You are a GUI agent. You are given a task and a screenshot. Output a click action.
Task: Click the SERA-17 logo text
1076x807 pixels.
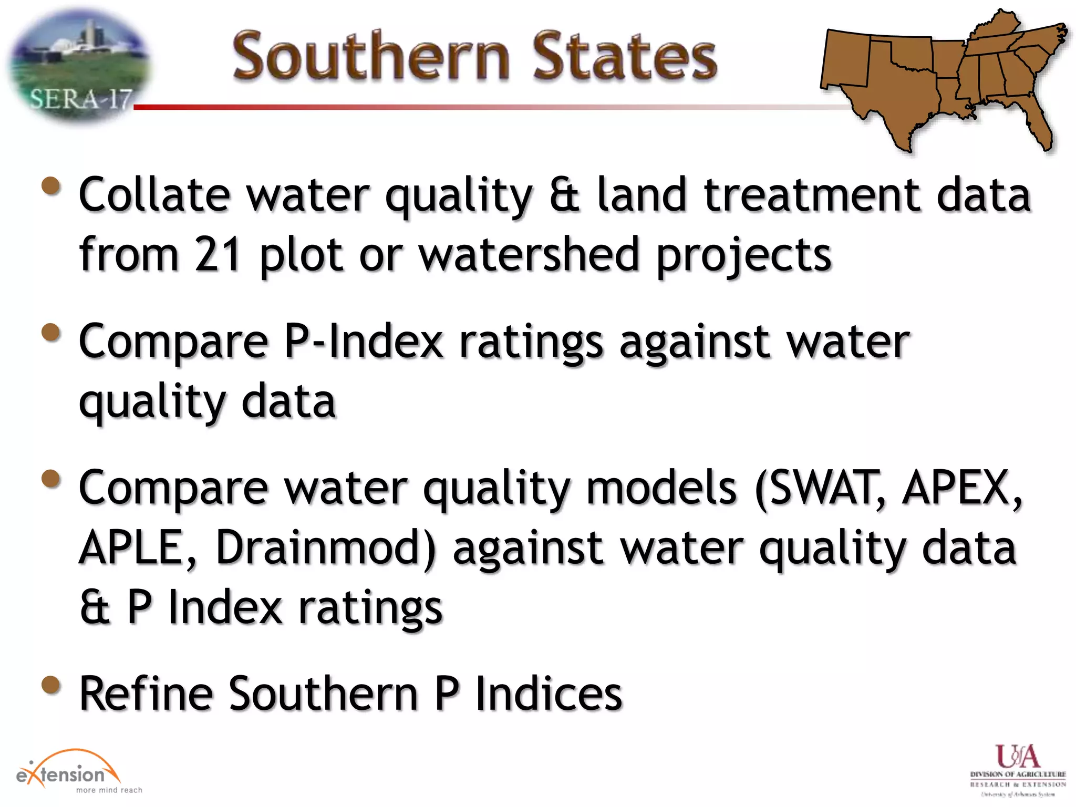(80, 99)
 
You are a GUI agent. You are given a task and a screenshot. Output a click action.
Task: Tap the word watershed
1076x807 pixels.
(529, 254)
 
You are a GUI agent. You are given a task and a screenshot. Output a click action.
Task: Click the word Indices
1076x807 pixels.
(549, 694)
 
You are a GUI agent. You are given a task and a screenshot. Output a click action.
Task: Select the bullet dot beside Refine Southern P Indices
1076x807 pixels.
(51, 685)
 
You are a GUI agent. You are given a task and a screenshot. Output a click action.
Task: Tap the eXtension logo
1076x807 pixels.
(68, 772)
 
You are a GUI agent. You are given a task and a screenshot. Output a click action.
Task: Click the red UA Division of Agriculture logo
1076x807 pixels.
(1017, 757)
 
